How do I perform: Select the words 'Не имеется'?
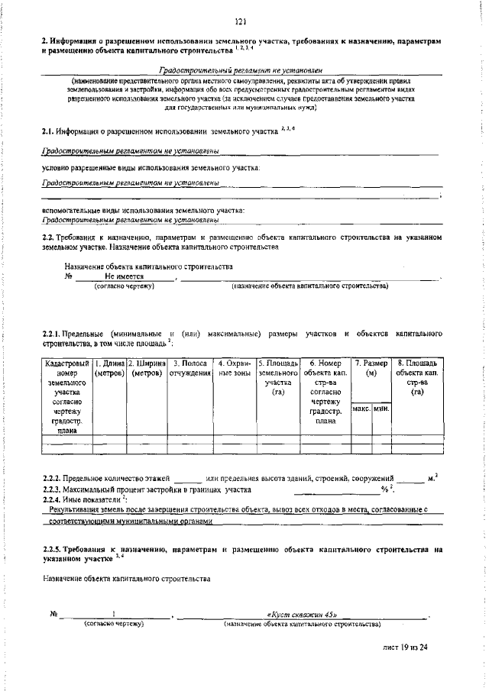125,275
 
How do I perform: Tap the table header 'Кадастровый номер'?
67,368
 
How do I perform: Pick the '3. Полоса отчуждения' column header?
189,368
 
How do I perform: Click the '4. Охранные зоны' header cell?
235,368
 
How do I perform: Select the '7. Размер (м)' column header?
371,368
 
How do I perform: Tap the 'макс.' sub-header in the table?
361,410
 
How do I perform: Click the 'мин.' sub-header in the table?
381,410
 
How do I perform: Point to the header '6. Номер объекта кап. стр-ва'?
325,373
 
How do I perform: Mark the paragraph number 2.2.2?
54,478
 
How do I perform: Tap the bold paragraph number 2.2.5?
54,548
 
